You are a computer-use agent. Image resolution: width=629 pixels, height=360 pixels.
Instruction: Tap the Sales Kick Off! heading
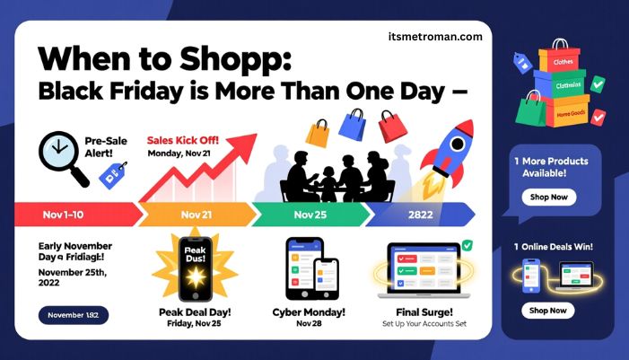click(x=182, y=140)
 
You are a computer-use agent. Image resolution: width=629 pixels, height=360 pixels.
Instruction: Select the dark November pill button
click(x=73, y=315)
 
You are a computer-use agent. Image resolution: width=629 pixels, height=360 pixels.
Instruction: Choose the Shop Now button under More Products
click(x=547, y=198)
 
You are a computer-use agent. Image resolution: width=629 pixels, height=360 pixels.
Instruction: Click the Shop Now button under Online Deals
click(x=547, y=311)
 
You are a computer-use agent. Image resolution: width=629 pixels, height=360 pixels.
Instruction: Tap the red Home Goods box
click(x=568, y=115)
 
